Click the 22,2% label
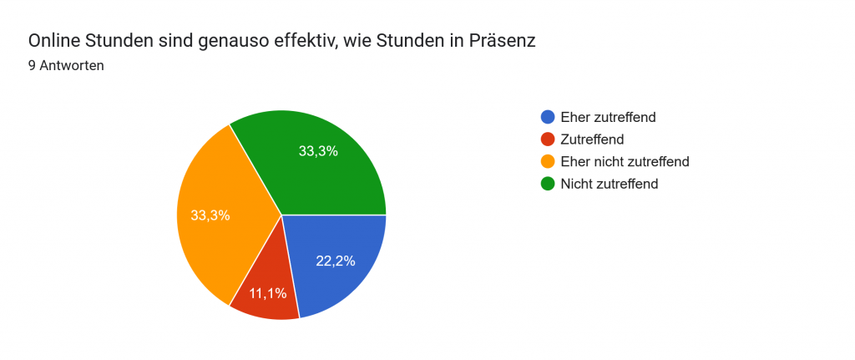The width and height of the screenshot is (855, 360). tap(336, 261)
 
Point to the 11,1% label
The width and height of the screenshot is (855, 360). tap(267, 293)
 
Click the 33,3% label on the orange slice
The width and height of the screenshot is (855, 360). tap(210, 215)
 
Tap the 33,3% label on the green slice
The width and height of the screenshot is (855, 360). tap(318, 151)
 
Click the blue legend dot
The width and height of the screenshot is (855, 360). tap(548, 117)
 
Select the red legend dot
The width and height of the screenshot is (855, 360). tap(548, 139)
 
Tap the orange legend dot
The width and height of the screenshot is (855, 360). tap(548, 161)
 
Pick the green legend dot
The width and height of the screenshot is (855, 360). tap(548, 184)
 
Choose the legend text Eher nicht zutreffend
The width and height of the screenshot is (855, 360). tap(625, 161)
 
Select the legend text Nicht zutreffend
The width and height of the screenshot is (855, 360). tap(610, 184)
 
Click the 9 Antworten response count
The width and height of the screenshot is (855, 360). tap(66, 66)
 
